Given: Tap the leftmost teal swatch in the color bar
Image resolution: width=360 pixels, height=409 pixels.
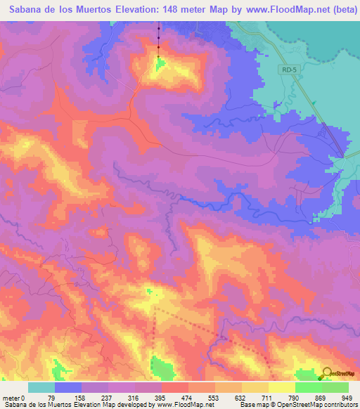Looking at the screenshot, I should click(x=41, y=388).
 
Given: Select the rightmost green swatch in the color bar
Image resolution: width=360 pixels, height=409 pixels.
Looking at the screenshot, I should click(x=335, y=388).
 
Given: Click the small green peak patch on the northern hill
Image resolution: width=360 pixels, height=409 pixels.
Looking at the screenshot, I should click(x=160, y=65).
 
